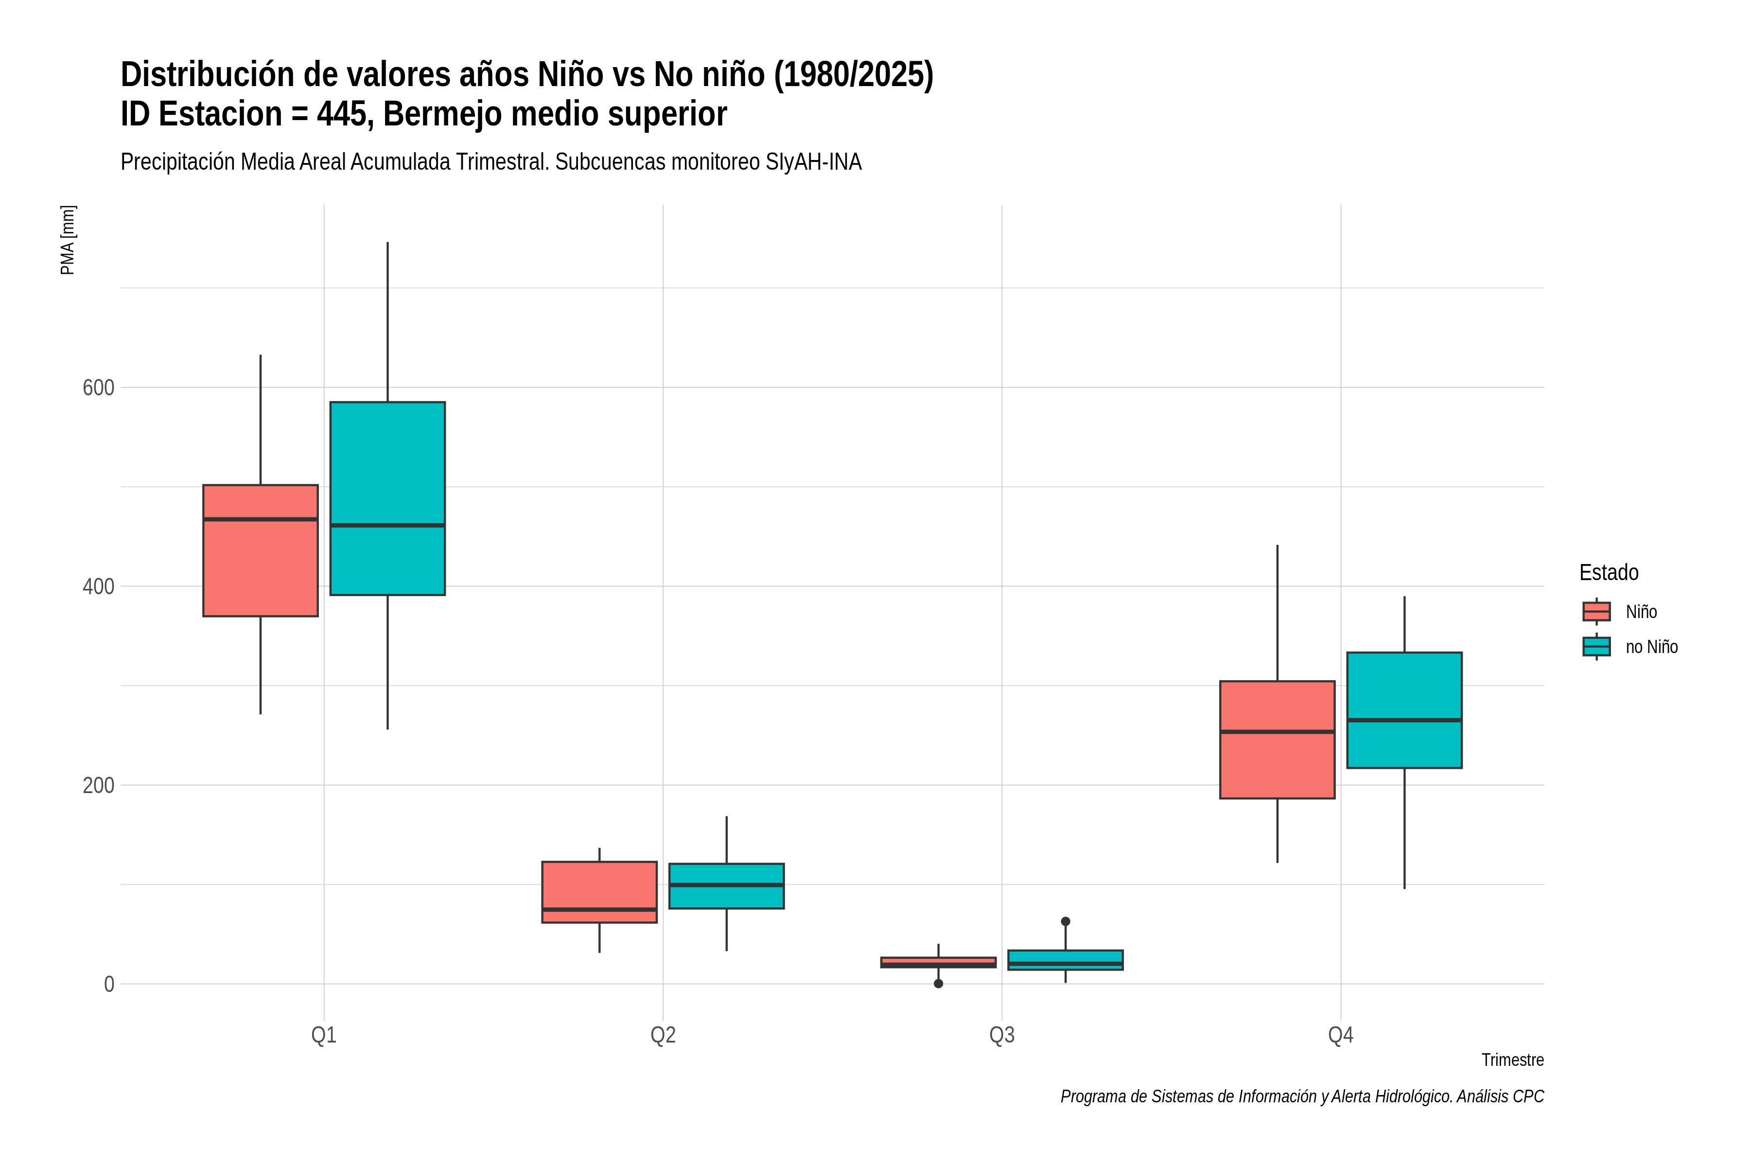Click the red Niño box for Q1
(x=261, y=551)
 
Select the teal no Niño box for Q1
(x=387, y=499)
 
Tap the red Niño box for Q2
(x=600, y=892)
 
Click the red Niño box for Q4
(x=1277, y=740)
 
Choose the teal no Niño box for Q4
(x=1405, y=710)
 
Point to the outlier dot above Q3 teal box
(x=1066, y=921)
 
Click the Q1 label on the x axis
(x=324, y=1035)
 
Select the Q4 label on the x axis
(x=1341, y=1035)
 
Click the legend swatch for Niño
(x=1597, y=611)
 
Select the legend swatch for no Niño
(x=1597, y=646)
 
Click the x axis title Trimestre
(x=1513, y=1060)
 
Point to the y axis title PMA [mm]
(x=68, y=240)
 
